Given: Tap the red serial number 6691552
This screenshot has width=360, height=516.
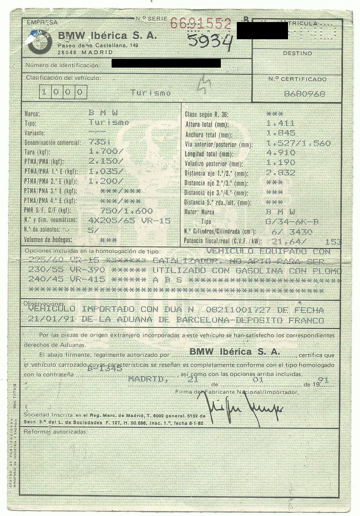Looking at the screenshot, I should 200,24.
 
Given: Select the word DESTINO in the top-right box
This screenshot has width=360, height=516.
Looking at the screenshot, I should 297,53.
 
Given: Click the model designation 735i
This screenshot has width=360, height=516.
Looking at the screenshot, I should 98,142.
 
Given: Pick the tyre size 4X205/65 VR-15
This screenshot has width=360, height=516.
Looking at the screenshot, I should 129,221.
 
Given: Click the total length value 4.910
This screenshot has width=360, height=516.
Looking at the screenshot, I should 281,153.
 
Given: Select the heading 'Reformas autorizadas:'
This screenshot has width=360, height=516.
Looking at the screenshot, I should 56,432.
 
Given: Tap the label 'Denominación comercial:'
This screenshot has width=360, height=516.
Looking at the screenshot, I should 52,143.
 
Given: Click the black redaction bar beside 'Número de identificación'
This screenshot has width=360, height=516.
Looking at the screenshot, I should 166,63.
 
